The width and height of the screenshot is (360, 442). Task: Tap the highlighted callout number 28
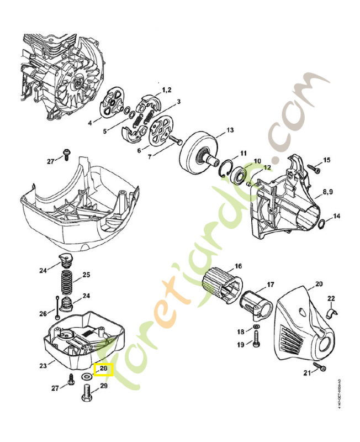103,369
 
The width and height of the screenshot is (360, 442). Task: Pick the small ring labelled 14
322,223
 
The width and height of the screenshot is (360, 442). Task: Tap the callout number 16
239,266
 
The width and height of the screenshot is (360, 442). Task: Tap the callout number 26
43,314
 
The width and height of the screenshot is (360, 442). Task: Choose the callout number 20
319,285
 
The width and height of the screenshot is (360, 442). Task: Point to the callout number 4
90,123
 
